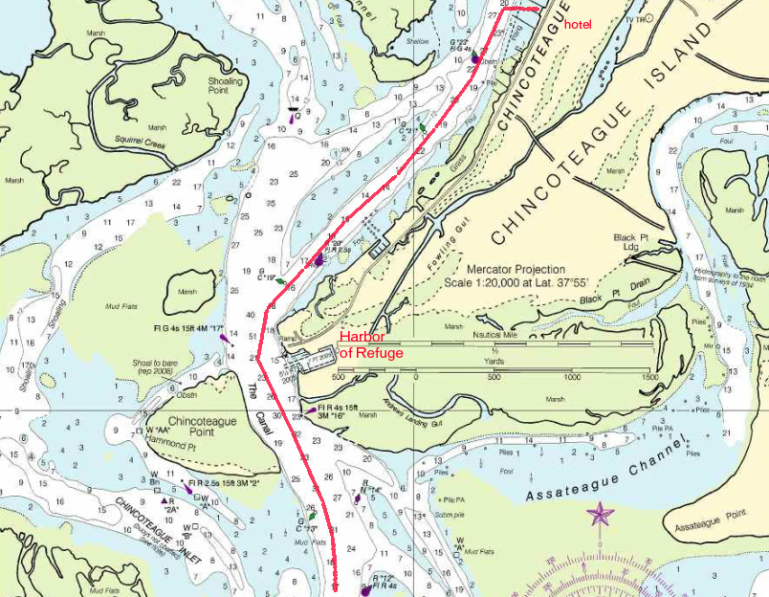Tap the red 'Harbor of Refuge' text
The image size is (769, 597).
(x=368, y=344)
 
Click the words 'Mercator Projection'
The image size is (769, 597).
(x=516, y=270)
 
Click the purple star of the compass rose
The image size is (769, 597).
(x=601, y=516)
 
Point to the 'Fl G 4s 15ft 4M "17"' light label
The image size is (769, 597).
(x=187, y=328)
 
